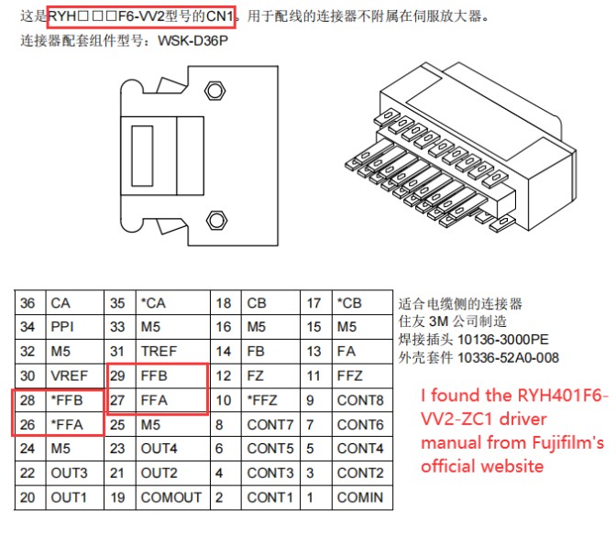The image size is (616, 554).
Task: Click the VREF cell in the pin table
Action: [74, 375]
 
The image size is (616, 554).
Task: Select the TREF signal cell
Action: [173, 351]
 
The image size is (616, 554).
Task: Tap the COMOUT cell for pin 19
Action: [173, 497]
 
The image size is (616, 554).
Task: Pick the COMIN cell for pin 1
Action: [362, 497]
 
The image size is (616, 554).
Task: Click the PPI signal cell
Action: [74, 327]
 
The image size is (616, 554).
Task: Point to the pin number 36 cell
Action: [30, 302]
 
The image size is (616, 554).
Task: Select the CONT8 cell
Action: [362, 400]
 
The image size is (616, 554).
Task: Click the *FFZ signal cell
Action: [270, 400]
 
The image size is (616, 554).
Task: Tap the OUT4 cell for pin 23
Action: [173, 449]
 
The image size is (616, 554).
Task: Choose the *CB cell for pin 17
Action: [362, 302]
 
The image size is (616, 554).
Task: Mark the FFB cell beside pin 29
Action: [173, 375]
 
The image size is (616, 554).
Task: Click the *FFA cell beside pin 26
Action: [74, 425]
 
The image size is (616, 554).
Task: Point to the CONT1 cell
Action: [270, 497]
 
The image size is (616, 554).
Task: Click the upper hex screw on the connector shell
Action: [214, 91]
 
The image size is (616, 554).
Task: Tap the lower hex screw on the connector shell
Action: [216, 220]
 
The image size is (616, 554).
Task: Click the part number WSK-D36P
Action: [192, 41]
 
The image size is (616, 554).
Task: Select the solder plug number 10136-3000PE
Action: [503, 340]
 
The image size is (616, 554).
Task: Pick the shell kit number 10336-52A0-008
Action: [509, 358]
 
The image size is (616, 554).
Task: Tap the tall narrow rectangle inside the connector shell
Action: [142, 156]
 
